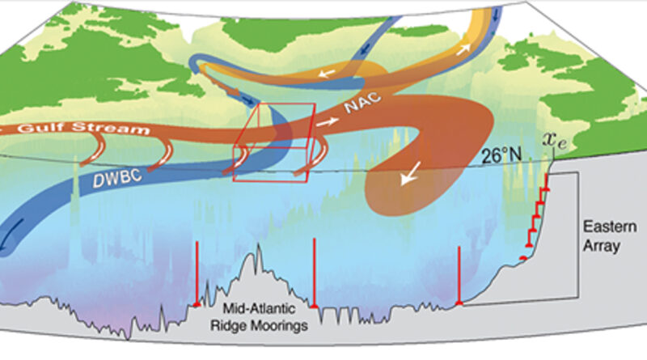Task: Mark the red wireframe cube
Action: click(x=272, y=141)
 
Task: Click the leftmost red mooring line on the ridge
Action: click(x=197, y=275)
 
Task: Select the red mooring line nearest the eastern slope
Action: click(x=459, y=275)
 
